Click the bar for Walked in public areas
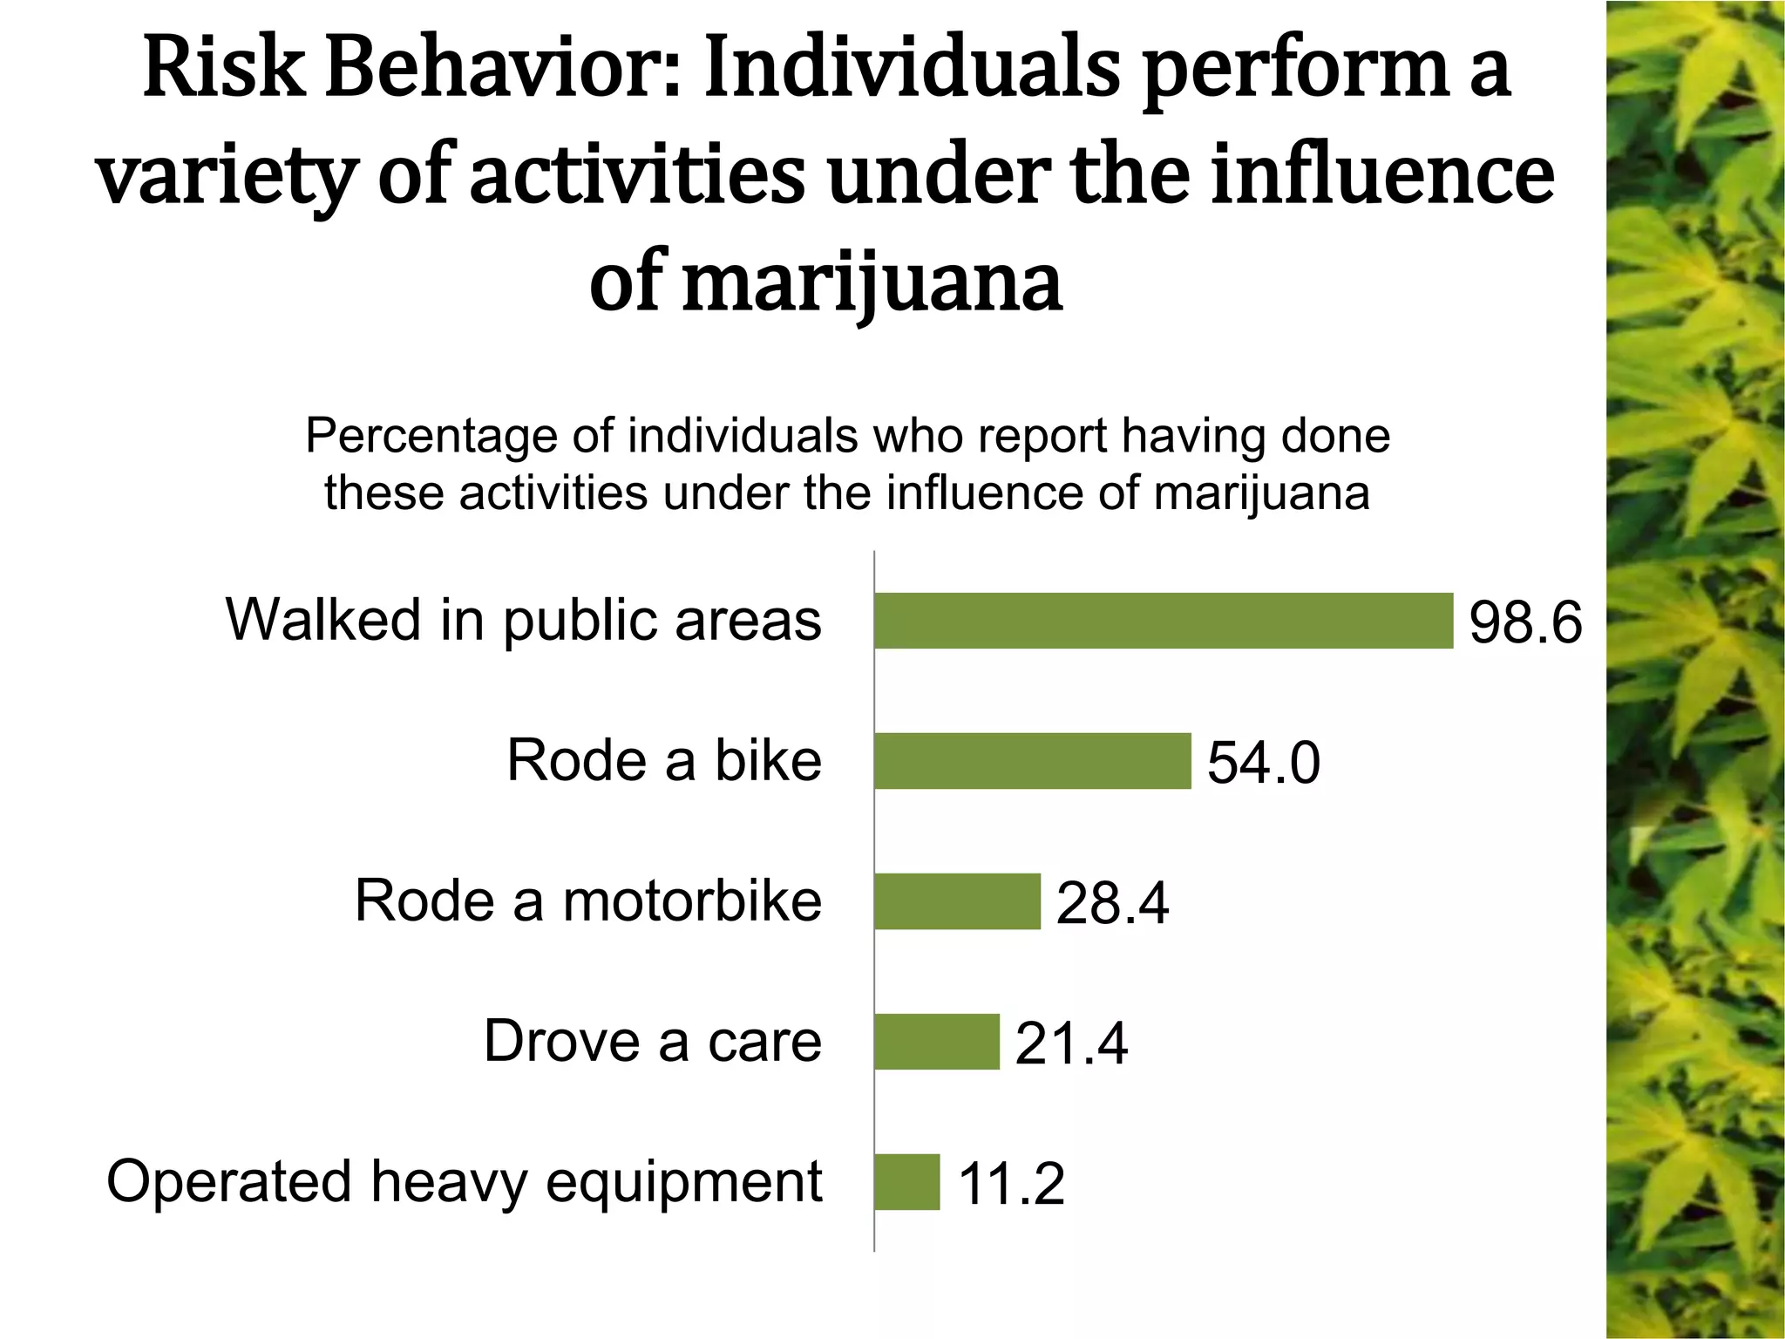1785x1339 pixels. [x=1164, y=621]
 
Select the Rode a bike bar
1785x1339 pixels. [x=1033, y=761]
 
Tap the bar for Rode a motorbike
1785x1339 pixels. [x=957, y=901]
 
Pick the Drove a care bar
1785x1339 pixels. [x=937, y=1042]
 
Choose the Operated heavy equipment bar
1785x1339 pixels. [x=907, y=1182]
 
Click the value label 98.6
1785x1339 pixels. [x=1525, y=623]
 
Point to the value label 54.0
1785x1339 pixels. [x=1263, y=764]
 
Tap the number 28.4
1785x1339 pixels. [x=1112, y=904]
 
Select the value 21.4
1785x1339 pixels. [x=1071, y=1044]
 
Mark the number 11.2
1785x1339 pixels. [x=1011, y=1185]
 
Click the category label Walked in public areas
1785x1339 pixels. [x=524, y=621]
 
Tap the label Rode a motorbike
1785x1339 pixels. [x=588, y=901]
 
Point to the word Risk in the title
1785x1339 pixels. [x=223, y=70]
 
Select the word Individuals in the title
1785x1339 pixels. [x=912, y=70]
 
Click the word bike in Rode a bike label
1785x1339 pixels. [x=768, y=761]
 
